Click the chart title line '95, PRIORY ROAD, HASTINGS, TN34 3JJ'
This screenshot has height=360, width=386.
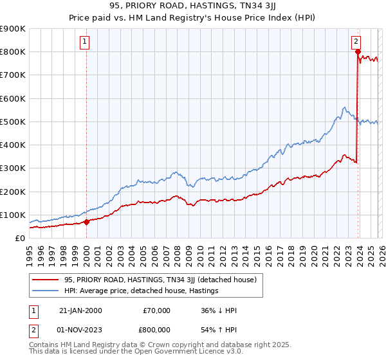tap(192, 7)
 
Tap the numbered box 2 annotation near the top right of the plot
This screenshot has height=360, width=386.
tap(356, 42)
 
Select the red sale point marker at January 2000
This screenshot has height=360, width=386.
tap(86, 222)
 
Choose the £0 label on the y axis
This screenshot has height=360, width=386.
tap(19, 238)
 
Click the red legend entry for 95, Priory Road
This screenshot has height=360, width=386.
tap(160, 280)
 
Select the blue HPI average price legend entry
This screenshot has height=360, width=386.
tap(142, 291)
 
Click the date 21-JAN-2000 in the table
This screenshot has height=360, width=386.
tap(80, 310)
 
